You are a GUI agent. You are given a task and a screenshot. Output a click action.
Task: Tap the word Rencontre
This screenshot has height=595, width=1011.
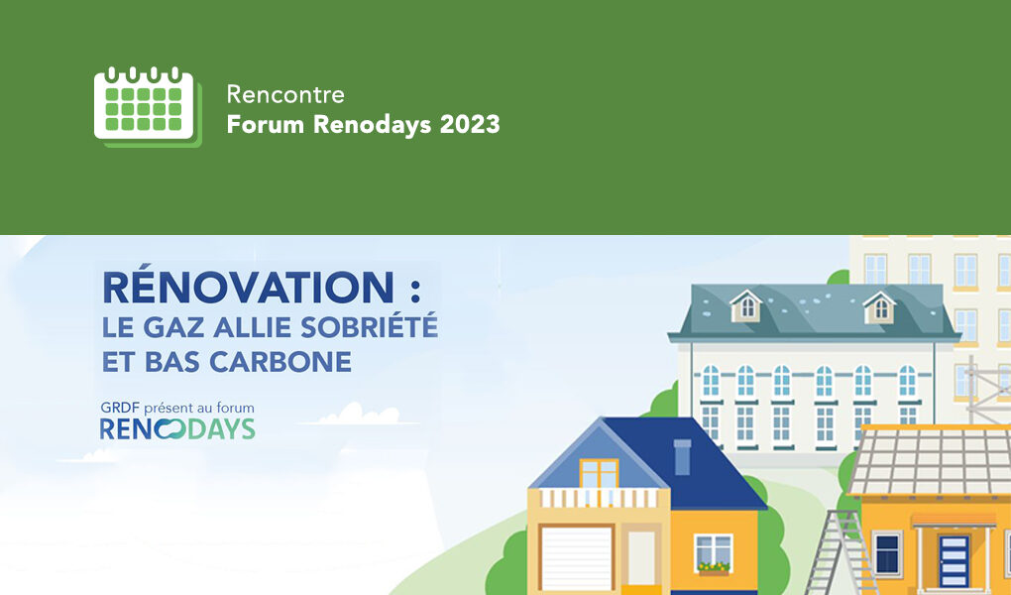(x=285, y=95)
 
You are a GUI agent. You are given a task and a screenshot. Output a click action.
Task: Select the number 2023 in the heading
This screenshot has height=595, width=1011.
(x=470, y=124)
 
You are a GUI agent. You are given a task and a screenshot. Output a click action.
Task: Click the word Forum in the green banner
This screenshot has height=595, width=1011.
(x=265, y=124)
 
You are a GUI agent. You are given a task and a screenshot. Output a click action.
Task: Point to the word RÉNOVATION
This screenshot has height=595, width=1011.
(x=248, y=288)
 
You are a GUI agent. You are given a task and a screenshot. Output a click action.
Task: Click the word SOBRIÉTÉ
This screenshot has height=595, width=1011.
(x=370, y=326)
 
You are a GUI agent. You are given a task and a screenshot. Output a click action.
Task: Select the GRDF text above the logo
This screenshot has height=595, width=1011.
(x=119, y=408)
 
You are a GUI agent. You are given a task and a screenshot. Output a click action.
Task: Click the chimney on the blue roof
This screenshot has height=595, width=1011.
(x=682, y=456)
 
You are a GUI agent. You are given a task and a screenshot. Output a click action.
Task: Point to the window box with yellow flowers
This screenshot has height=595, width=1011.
(x=713, y=568)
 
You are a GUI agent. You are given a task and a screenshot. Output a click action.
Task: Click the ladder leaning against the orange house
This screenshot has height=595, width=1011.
(x=839, y=552)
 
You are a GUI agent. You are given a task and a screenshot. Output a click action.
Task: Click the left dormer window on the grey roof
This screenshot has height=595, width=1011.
(x=746, y=306)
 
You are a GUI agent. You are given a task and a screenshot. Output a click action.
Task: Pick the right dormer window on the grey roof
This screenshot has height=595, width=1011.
(x=879, y=307)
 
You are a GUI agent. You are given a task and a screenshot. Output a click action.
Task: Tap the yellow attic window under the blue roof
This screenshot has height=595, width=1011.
(x=599, y=473)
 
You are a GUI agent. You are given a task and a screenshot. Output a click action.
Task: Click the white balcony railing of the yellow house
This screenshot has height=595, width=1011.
(x=599, y=498)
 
